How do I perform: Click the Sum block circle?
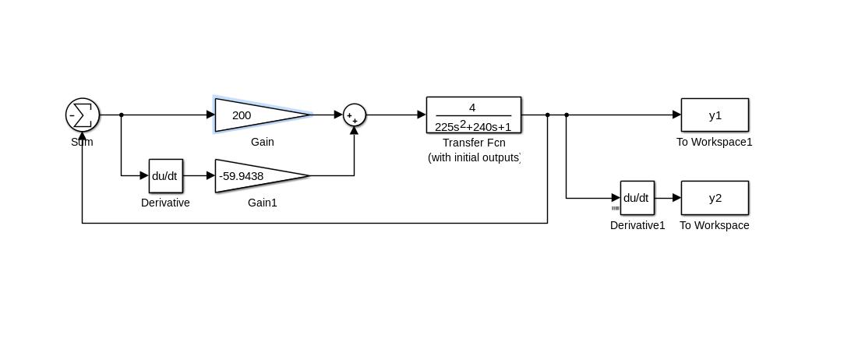pyautogui.click(x=83, y=115)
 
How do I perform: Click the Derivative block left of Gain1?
pyautogui.click(x=165, y=176)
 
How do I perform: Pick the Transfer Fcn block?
pyautogui.click(x=474, y=115)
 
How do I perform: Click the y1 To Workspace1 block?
pyautogui.click(x=715, y=115)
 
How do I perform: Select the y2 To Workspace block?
pyautogui.click(x=715, y=198)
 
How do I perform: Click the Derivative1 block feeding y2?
pyautogui.click(x=637, y=198)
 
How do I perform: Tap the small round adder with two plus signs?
pyautogui.click(x=355, y=115)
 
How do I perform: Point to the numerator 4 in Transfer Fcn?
pyautogui.click(x=472, y=108)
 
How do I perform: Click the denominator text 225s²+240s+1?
pyautogui.click(x=473, y=126)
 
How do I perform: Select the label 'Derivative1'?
pyautogui.click(x=637, y=225)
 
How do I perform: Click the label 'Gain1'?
pyautogui.click(x=263, y=203)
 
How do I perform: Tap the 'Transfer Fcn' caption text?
pyautogui.click(x=474, y=143)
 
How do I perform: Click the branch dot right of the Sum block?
pyautogui.click(x=122, y=115)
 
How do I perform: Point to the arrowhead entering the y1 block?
pyautogui.click(x=676, y=115)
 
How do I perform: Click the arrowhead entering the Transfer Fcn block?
pyautogui.click(x=422, y=115)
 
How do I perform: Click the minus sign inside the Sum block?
pyautogui.click(x=72, y=115)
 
